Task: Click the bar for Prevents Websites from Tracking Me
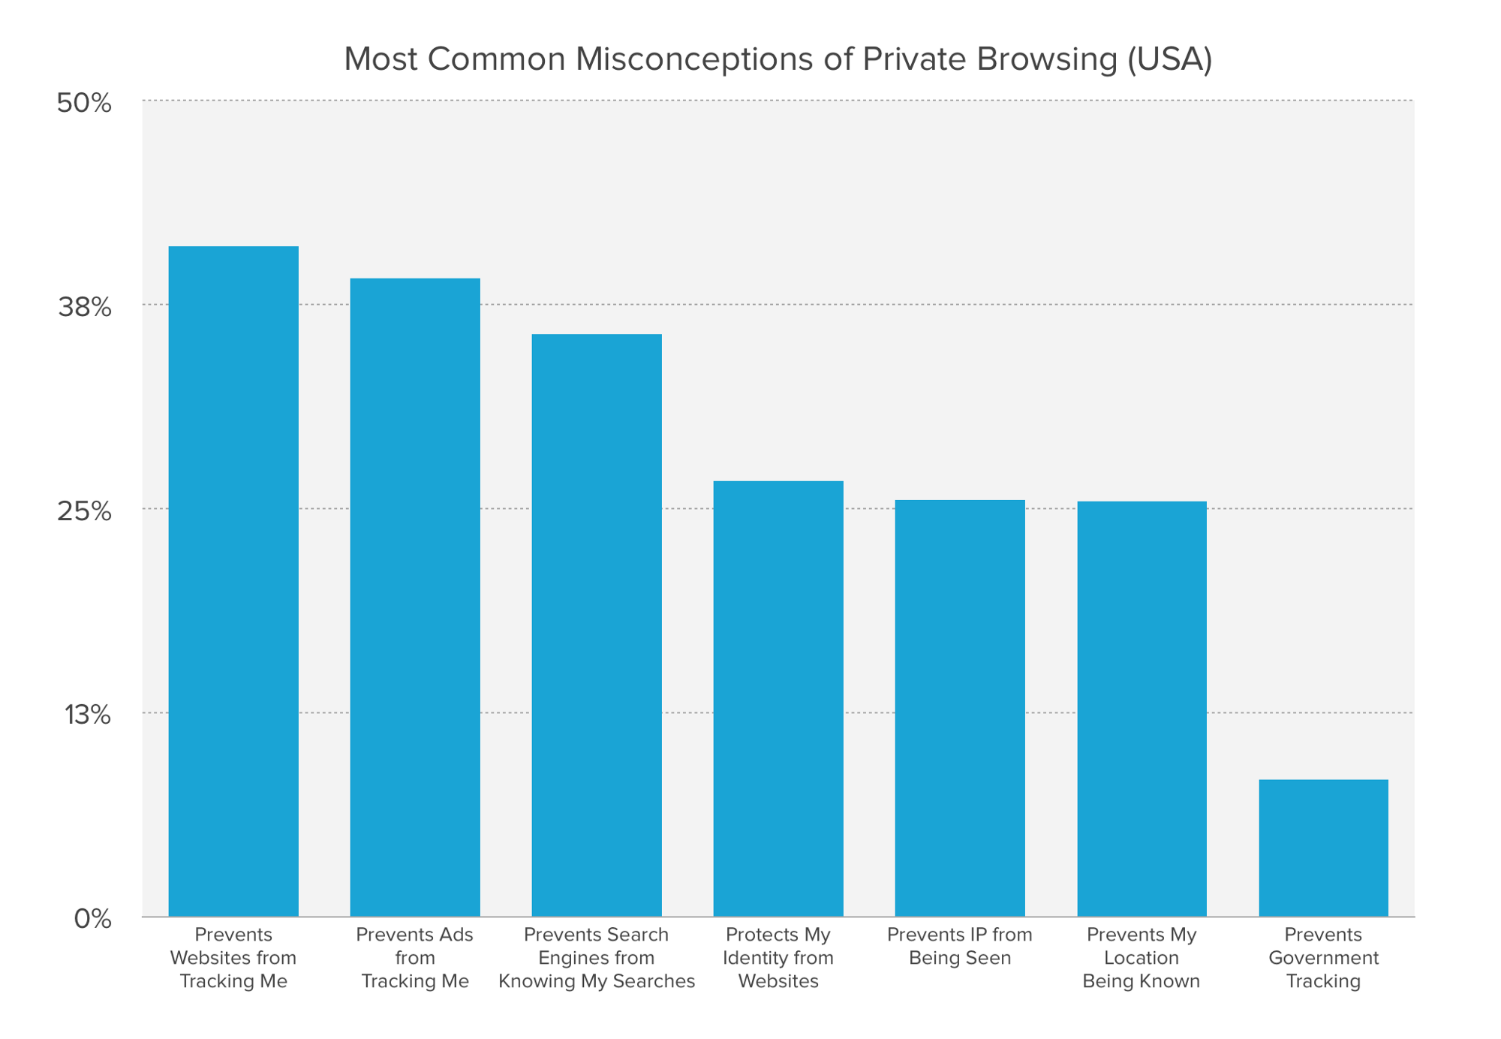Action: point(233,582)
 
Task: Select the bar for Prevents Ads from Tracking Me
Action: point(415,598)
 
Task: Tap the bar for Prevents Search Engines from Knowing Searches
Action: point(597,625)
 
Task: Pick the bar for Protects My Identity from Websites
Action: point(778,699)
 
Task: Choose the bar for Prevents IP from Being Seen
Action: point(960,708)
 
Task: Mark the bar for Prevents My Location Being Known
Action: point(1142,709)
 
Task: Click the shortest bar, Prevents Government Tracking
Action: point(1323,848)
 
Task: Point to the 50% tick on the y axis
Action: point(84,104)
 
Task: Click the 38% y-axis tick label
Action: point(84,308)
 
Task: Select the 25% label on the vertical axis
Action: point(84,512)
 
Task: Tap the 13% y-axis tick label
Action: point(88,715)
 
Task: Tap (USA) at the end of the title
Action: point(1169,59)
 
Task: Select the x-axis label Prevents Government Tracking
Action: point(1323,958)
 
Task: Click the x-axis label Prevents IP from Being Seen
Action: point(960,947)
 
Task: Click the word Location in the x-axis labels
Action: point(1141,959)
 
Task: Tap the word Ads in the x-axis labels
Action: point(458,935)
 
